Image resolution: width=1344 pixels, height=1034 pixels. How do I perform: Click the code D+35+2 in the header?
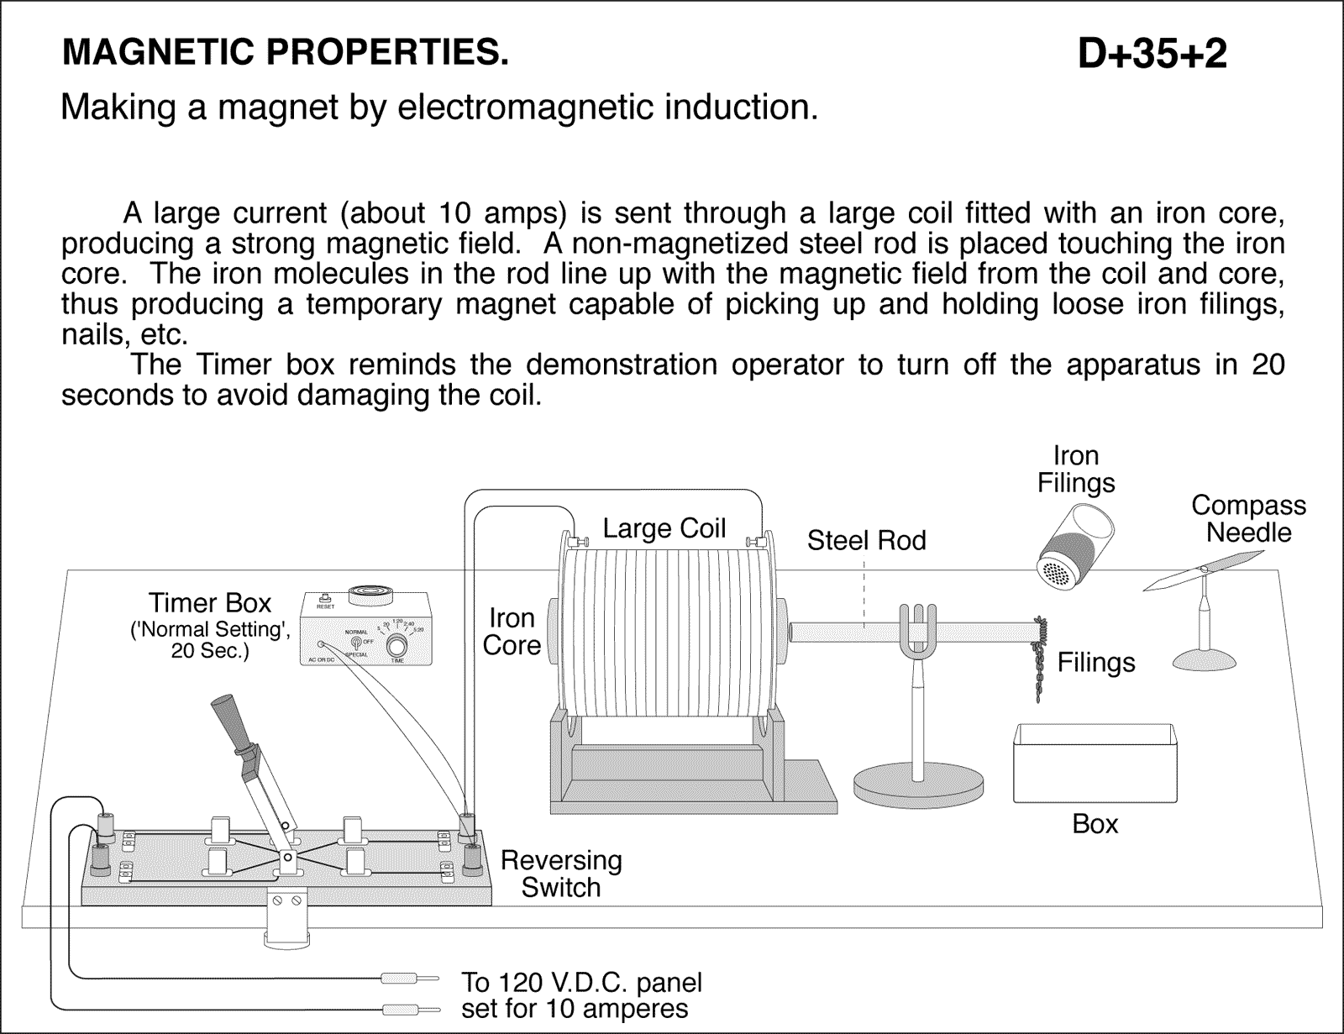point(1152,55)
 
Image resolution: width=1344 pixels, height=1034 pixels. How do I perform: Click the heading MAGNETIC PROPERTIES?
point(286,53)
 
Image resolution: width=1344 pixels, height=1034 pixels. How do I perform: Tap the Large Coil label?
point(664,528)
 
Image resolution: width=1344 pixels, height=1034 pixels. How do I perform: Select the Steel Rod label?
point(866,540)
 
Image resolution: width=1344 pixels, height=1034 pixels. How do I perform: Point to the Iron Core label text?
point(512,632)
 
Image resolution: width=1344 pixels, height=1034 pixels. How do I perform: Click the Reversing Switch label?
point(561,874)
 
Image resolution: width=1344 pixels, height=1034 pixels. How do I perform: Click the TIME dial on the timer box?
point(396,645)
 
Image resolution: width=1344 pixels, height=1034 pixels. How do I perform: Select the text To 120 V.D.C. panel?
point(581,982)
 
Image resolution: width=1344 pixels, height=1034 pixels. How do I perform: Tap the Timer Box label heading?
point(210,603)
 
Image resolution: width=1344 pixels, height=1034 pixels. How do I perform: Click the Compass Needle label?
point(1248,518)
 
